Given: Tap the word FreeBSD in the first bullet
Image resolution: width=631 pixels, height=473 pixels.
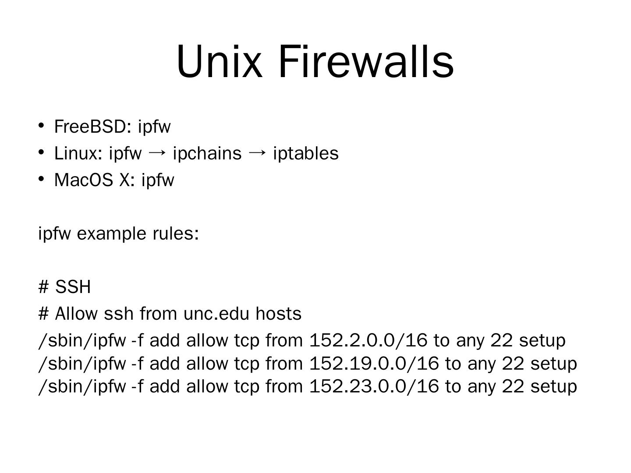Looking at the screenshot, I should click(x=90, y=127).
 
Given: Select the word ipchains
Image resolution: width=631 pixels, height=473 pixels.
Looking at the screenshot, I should click(x=207, y=153).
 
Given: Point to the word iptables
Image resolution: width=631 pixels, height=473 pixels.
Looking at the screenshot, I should click(x=305, y=153).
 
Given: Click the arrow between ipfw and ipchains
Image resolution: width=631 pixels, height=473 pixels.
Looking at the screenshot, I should click(x=157, y=153).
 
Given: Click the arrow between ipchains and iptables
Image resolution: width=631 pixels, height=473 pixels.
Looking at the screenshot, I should click(x=257, y=153).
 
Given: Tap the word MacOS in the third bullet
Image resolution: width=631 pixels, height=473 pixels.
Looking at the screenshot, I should click(x=83, y=180).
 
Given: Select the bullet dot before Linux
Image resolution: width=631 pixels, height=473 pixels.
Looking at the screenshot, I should click(x=41, y=152).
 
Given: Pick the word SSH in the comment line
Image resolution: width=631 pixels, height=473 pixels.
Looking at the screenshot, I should click(x=73, y=287).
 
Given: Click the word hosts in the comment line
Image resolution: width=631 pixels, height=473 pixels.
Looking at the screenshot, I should click(x=279, y=314).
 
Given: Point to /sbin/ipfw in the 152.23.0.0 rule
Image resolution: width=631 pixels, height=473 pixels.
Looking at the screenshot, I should click(x=82, y=386).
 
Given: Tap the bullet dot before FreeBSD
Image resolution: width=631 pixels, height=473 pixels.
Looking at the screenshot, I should click(x=41, y=126).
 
